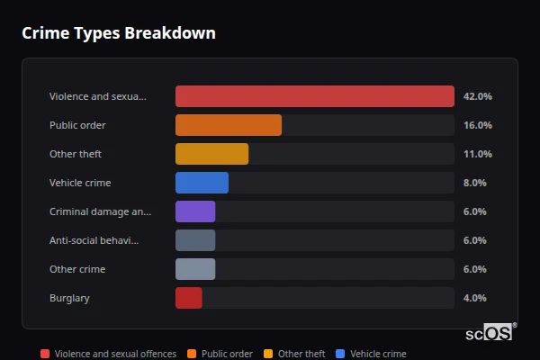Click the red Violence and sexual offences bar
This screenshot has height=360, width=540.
pos(314,96)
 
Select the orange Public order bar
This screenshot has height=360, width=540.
pos(228,125)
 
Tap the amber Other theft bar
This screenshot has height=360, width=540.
pos(211,154)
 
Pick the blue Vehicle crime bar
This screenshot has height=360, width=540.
pos(202,183)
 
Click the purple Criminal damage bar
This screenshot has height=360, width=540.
pos(195,211)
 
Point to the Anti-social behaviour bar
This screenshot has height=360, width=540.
pos(195,240)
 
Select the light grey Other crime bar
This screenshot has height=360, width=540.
pos(195,269)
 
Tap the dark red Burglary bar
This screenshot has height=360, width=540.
pos(188,298)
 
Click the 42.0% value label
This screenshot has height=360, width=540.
pos(477,96)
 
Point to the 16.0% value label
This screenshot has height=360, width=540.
pos(477,125)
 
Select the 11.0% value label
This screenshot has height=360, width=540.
pos(477,154)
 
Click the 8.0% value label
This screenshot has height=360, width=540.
pos(474,183)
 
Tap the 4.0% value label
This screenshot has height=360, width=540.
pos(474,298)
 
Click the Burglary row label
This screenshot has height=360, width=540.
pos(69,298)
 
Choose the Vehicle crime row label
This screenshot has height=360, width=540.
pos(80,183)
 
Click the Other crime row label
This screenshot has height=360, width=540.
pos(77,269)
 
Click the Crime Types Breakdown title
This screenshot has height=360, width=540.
pos(118,33)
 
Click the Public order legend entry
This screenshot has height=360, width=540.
pos(220,354)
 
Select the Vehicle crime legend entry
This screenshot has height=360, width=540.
pos(371,354)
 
